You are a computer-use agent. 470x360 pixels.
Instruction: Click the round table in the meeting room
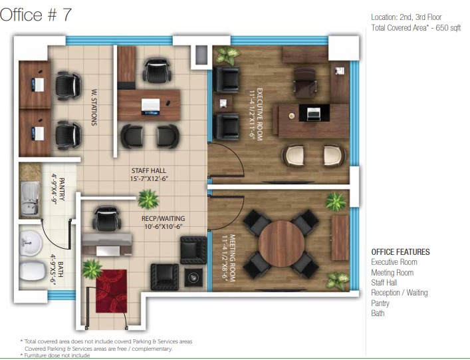[281, 244]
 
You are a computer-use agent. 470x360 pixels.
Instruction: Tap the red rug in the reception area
[112, 291]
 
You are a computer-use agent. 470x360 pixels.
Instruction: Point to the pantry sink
[30, 199]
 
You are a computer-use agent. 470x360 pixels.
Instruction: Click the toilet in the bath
[33, 271]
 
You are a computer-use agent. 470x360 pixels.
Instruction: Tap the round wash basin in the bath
[31, 243]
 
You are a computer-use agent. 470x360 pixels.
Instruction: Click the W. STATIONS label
[94, 106]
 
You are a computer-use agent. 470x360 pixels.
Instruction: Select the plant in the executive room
[228, 55]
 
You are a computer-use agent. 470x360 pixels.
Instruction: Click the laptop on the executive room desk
[314, 114]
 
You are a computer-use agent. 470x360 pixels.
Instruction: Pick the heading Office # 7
[36, 15]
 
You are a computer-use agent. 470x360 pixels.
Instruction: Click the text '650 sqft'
[448, 27]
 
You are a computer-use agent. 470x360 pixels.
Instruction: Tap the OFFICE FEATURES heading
[400, 252]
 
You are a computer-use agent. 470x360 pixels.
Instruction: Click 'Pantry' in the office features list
[380, 303]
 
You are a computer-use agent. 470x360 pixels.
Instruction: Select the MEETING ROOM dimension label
[229, 258]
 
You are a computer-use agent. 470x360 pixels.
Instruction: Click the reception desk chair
[107, 218]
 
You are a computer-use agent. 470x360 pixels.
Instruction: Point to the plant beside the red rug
[92, 269]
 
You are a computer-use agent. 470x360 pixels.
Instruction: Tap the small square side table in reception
[193, 277]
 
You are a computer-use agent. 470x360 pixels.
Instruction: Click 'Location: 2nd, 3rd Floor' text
[406, 17]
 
